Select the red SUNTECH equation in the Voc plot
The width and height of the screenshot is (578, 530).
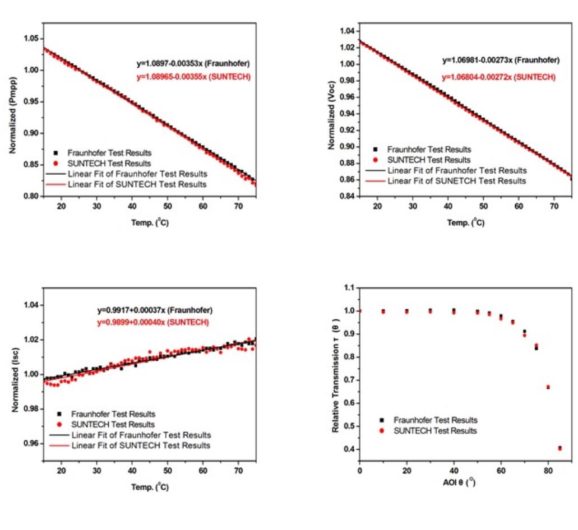[498, 77]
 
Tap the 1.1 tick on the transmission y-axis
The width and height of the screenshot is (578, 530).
[349, 288]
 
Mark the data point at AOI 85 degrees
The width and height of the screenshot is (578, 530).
[560, 448]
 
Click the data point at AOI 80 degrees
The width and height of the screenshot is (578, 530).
[548, 387]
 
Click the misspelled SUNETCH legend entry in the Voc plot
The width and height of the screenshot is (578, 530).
[456, 181]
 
